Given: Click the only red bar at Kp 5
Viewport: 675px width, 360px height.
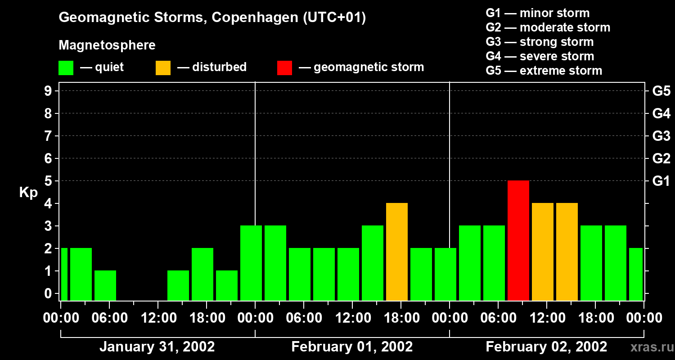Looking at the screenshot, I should pos(518,240).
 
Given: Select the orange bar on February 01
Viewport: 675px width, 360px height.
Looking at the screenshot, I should pos(396,252).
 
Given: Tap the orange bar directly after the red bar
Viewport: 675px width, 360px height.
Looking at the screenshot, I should pos(542,252).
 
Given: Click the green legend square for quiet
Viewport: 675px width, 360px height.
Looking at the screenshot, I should pos(66,67).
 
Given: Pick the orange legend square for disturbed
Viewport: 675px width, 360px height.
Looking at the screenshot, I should pos(163,67).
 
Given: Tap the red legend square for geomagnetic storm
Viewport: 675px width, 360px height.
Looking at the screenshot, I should pos(284,67).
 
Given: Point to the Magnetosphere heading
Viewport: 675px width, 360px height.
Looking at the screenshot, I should pos(107,45).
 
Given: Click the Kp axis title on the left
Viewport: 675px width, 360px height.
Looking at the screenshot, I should pos(28,193).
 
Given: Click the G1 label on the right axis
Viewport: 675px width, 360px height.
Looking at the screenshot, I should pos(661,181).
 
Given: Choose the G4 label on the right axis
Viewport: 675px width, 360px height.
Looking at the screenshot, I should pos(661,113).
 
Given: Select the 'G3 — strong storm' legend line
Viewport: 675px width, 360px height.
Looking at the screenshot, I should pos(540,42).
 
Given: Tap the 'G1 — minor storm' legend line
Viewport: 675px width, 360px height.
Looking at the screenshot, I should pos(537,13).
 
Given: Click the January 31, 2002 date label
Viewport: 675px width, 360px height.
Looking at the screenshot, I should pos(157,347).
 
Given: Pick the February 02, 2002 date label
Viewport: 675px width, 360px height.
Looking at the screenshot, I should pos(546,347).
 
